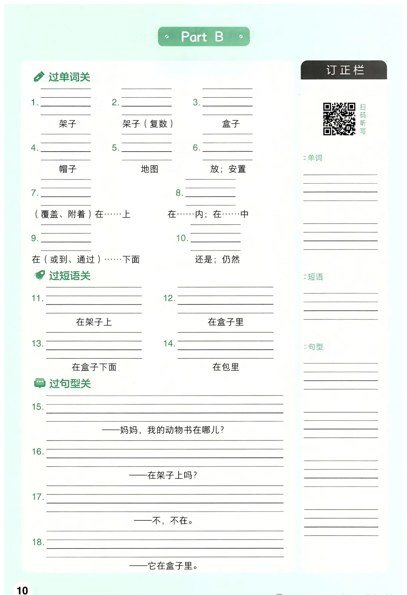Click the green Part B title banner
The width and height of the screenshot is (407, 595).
(x=203, y=37)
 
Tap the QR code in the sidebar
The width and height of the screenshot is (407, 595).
(x=339, y=119)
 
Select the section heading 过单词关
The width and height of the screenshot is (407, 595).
(x=69, y=77)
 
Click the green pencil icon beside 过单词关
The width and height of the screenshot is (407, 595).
(x=39, y=77)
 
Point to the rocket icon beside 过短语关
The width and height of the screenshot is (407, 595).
(x=39, y=276)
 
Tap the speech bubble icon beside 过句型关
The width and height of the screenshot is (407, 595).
(x=40, y=383)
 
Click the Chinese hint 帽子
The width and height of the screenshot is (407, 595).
(x=68, y=169)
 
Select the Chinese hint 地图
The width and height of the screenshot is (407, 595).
(x=149, y=169)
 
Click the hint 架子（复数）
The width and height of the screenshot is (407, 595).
(x=148, y=124)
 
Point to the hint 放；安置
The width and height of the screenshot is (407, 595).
(x=228, y=169)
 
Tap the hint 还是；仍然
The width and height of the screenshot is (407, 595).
(x=217, y=259)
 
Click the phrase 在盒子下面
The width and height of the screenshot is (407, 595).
(x=94, y=367)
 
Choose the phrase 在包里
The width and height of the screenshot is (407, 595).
(x=226, y=367)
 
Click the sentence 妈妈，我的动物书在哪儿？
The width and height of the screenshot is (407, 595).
(x=172, y=430)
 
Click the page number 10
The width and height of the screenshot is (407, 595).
(x=22, y=590)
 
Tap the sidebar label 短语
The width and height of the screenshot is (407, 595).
(x=315, y=277)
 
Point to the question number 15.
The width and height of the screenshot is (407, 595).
(x=37, y=407)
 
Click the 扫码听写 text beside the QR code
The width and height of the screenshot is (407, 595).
(x=363, y=119)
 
